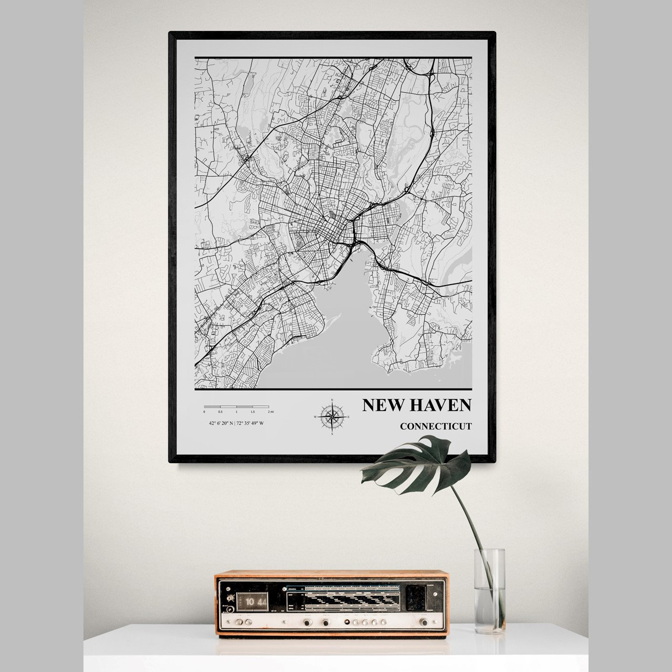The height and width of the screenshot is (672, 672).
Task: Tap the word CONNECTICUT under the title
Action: [435, 426]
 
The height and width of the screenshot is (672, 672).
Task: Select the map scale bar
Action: [236, 407]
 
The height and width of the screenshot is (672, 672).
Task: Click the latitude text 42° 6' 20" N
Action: [220, 423]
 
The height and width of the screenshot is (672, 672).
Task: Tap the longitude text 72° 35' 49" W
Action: [250, 423]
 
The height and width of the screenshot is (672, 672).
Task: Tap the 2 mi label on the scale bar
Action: [268, 413]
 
